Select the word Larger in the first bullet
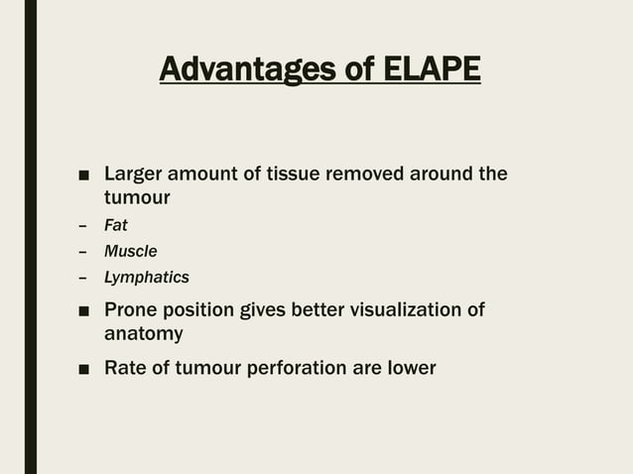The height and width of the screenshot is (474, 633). pos(136,176)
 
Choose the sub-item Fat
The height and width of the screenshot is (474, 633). pos(116,225)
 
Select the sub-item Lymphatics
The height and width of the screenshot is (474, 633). pos(147,278)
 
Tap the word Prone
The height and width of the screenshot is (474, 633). pos(135,310)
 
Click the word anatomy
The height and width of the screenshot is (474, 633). pos(144,334)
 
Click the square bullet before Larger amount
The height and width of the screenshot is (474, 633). pos(84,177)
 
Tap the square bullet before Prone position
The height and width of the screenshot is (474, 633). pos(84,311)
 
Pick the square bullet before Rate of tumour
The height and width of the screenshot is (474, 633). pos(84,369)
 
